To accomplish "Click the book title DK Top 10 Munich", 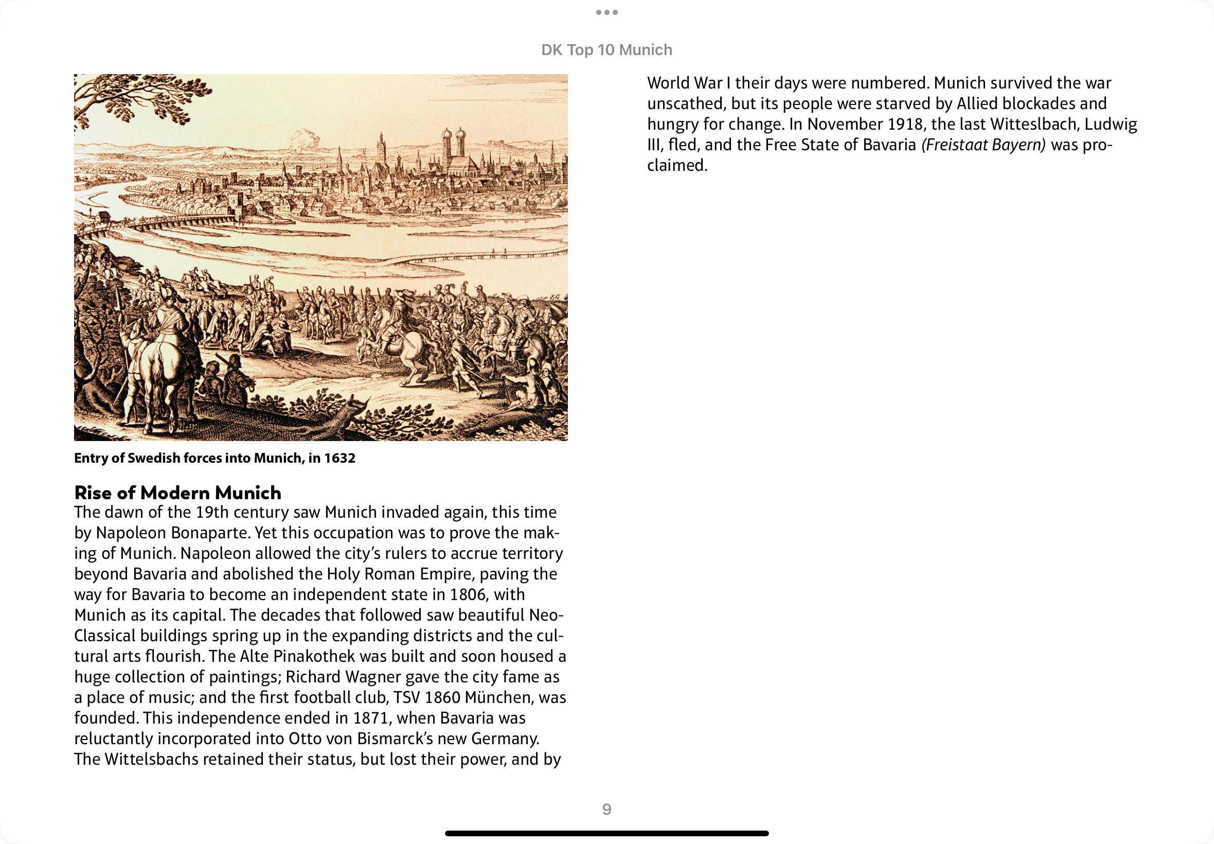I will pos(606,50).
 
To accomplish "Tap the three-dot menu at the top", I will pos(606,12).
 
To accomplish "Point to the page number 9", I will pos(606,809).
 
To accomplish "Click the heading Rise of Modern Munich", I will pos(177,493).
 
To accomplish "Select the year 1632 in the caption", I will pos(340,458).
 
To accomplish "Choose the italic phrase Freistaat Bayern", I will pos(984,145).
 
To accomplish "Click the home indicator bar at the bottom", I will pos(606,833).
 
